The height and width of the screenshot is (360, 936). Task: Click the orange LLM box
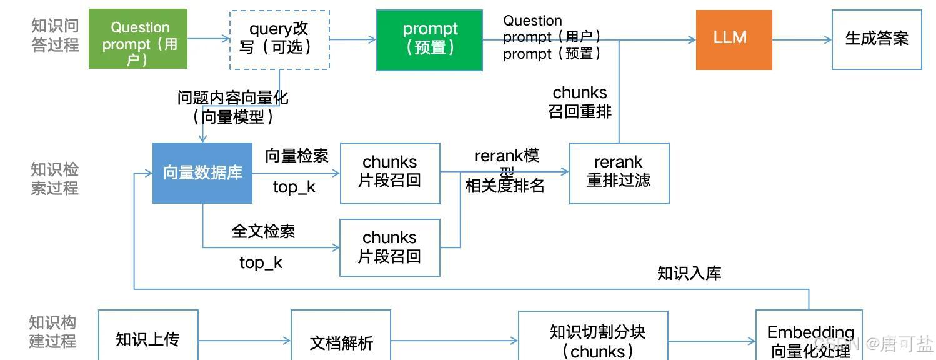click(x=734, y=39)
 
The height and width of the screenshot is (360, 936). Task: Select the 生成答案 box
click(x=876, y=39)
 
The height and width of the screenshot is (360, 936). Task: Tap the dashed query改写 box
click(x=279, y=39)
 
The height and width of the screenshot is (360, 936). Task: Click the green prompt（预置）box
click(x=429, y=40)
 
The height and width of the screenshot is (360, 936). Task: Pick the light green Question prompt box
click(x=138, y=39)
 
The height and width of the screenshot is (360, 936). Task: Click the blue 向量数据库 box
click(x=202, y=173)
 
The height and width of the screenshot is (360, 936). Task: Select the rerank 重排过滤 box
click(x=619, y=173)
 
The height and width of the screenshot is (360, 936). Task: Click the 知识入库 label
click(x=689, y=273)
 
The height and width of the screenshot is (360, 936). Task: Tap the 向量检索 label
click(x=297, y=156)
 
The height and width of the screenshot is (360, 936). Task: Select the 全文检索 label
click(x=263, y=231)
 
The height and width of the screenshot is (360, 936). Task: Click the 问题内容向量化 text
click(x=232, y=98)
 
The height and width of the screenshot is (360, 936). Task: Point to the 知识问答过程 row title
click(x=55, y=35)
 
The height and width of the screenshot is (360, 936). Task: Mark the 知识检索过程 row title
click(x=54, y=178)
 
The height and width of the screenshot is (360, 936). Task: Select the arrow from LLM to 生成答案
click(x=802, y=40)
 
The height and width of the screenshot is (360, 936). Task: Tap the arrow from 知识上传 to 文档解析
click(x=244, y=341)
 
